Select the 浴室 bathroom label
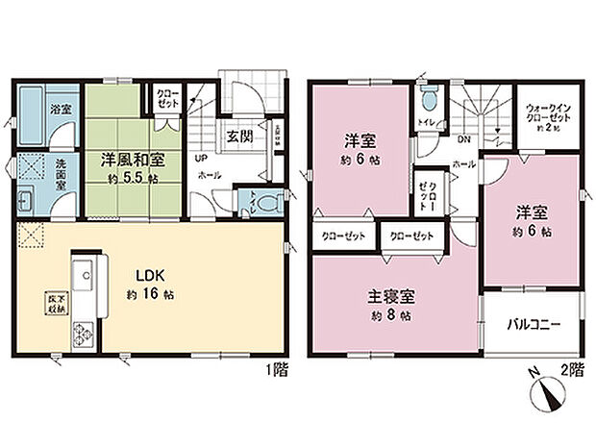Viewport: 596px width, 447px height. point(34,112)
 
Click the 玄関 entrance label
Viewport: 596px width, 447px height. point(239,136)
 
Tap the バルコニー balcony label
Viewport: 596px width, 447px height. point(534,323)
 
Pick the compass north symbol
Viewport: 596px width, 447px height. point(545,394)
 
